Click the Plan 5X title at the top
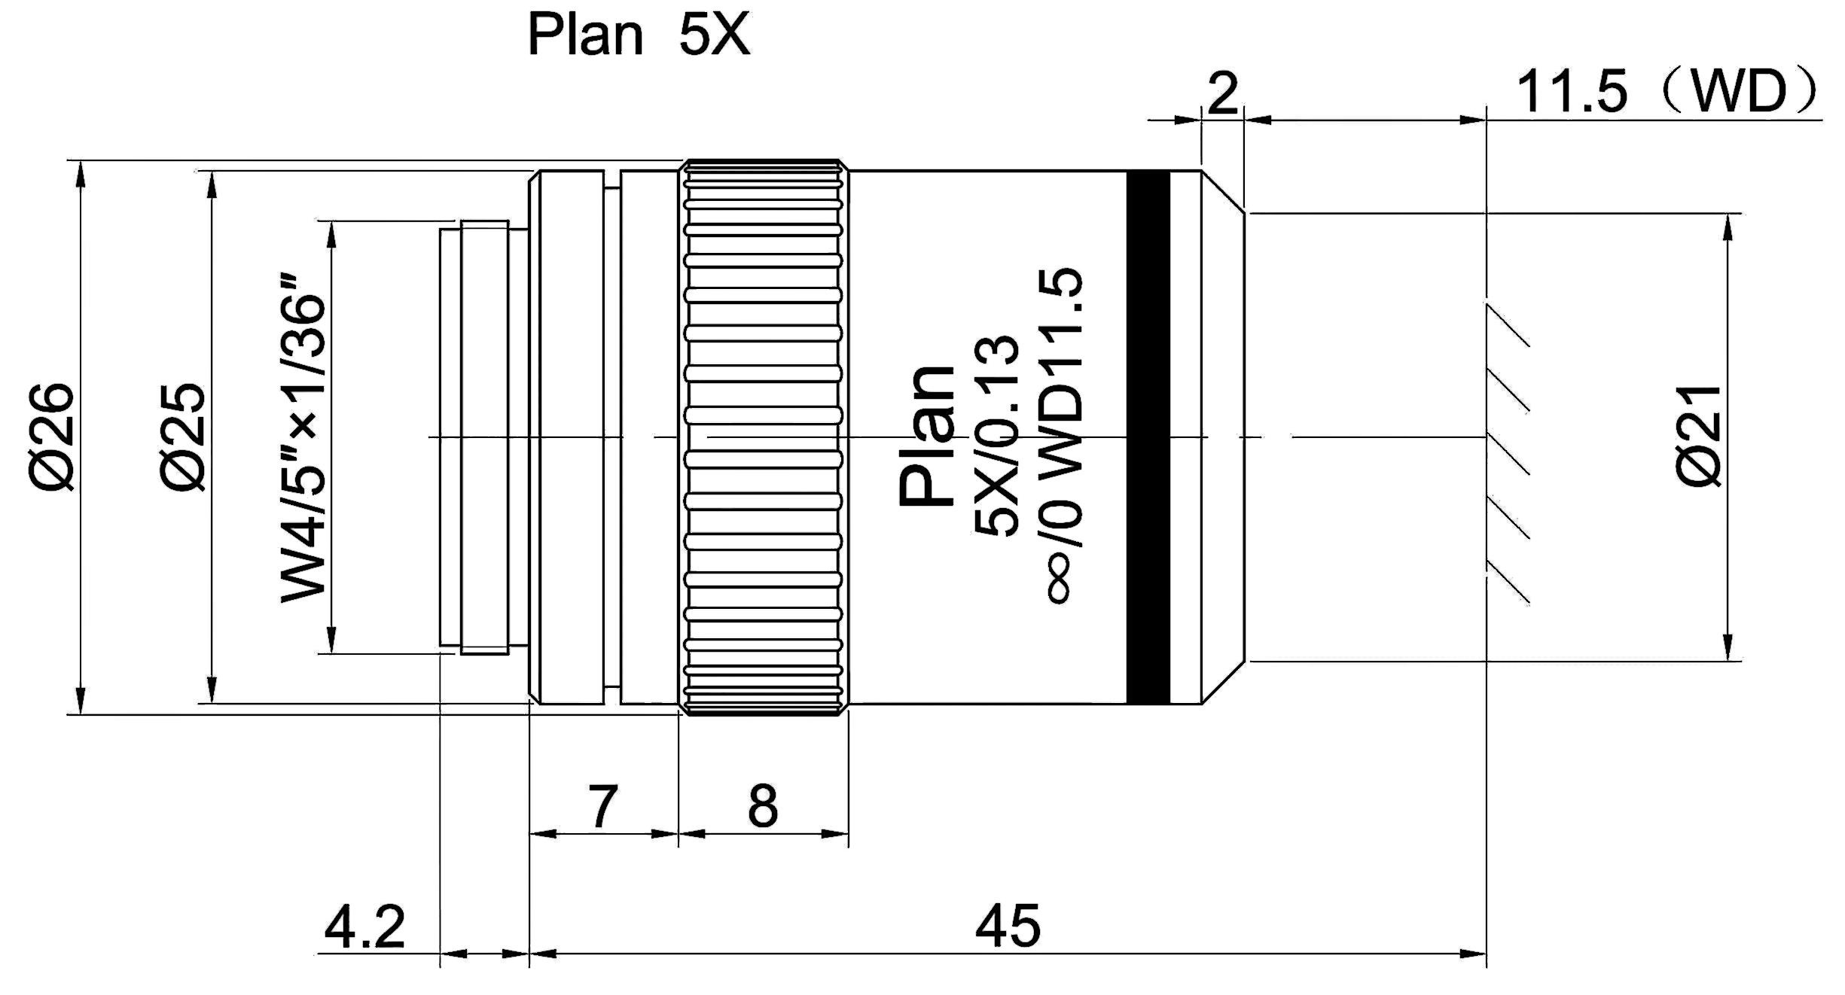[639, 35]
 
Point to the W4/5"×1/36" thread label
[304, 448]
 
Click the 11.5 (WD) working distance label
[1664, 93]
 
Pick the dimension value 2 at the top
[1222, 94]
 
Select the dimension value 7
[602, 807]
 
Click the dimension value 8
[762, 807]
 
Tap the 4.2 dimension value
[364, 927]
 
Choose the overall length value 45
[1008, 927]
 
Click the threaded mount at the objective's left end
[474, 437]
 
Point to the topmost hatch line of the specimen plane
[1508, 325]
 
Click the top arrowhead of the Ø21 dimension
[1728, 226]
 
